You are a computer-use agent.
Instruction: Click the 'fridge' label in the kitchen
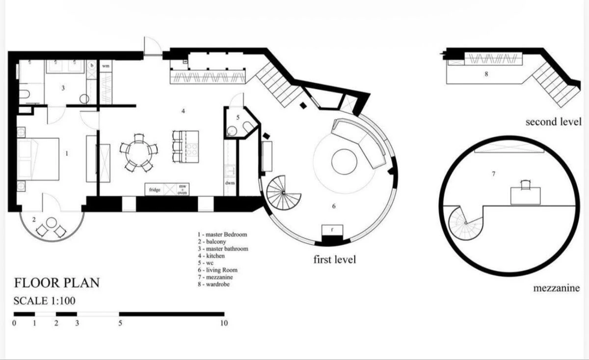point(155,190)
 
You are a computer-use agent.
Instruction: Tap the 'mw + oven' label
point(182,190)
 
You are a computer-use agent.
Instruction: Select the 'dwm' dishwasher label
point(230,183)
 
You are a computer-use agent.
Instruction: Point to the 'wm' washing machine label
point(106,65)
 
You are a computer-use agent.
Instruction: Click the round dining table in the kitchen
point(138,153)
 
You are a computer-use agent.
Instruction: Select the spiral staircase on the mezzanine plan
point(465,223)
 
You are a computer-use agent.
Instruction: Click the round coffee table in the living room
point(344,161)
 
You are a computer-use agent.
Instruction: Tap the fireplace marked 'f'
point(332,230)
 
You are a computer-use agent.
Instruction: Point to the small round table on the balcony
point(51,222)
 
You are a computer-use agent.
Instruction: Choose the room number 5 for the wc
point(238,118)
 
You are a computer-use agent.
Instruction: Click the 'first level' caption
point(334,259)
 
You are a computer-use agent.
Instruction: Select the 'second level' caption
point(553,122)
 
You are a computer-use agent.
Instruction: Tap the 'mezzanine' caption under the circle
point(556,288)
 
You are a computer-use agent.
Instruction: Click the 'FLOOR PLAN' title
point(56,283)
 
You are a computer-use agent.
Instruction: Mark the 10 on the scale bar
point(224,323)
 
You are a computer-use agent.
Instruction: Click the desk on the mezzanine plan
point(525,196)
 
